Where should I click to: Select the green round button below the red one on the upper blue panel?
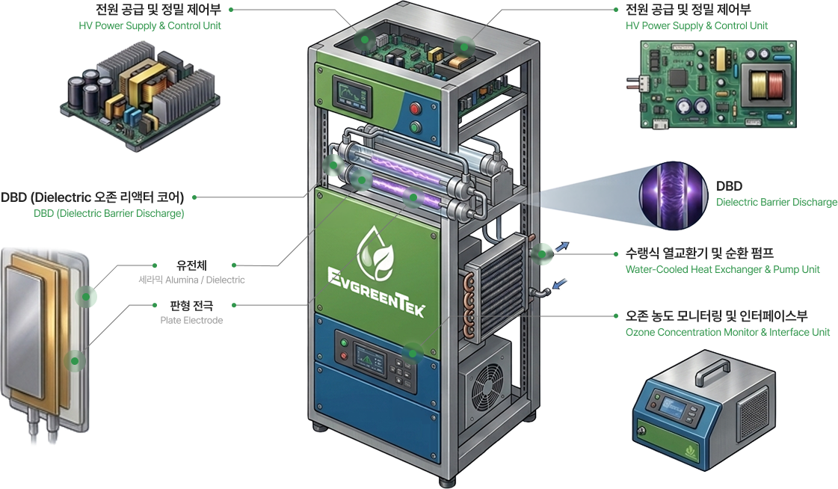click(415, 127)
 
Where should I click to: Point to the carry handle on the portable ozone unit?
click(709, 369)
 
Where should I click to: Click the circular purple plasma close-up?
click(674, 195)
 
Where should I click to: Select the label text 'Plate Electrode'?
click(191, 320)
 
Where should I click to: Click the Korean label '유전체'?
click(191, 265)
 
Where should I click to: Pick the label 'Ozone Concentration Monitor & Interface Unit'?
click(727, 333)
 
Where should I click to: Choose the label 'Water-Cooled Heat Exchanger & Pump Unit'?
click(723, 269)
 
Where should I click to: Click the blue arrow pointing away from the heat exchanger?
click(561, 247)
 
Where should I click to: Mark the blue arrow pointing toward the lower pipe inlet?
click(559, 284)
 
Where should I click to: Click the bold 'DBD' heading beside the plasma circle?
click(729, 186)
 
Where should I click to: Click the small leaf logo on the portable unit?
click(691, 452)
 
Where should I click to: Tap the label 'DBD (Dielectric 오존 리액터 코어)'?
click(93, 197)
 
